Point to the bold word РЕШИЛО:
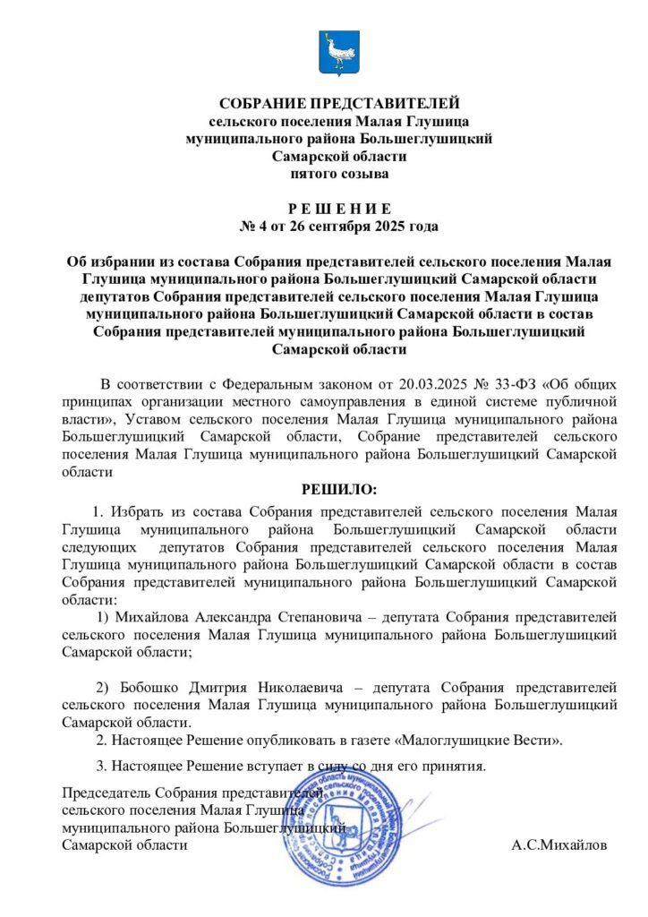tap(339, 490)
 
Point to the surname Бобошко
tap(148, 687)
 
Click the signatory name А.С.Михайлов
tap(559, 845)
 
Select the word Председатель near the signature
tap(107, 793)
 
